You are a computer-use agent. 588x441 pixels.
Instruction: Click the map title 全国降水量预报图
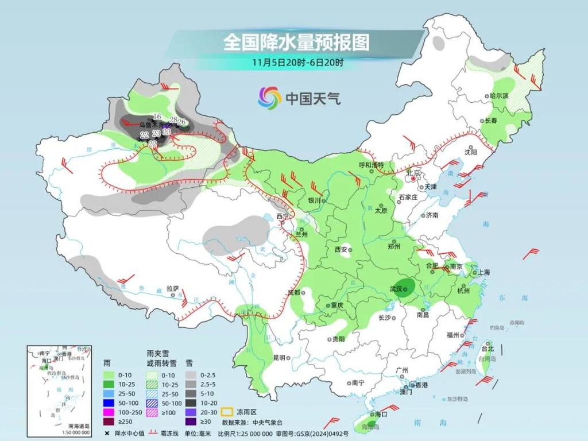(296, 41)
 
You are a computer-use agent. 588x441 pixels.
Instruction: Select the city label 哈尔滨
(498, 95)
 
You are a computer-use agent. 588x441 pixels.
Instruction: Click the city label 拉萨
(172, 288)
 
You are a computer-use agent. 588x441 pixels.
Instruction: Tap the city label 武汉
(396, 289)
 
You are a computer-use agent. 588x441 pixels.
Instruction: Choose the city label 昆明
(278, 357)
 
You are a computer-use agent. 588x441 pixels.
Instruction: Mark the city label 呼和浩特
(370, 165)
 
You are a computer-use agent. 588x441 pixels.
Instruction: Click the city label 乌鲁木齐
(150, 125)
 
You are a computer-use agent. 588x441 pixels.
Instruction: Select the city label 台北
(487, 348)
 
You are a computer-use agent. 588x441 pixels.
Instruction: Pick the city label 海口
(381, 414)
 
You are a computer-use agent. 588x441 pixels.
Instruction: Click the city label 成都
(294, 292)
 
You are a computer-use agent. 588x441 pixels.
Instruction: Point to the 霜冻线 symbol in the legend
(154, 432)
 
